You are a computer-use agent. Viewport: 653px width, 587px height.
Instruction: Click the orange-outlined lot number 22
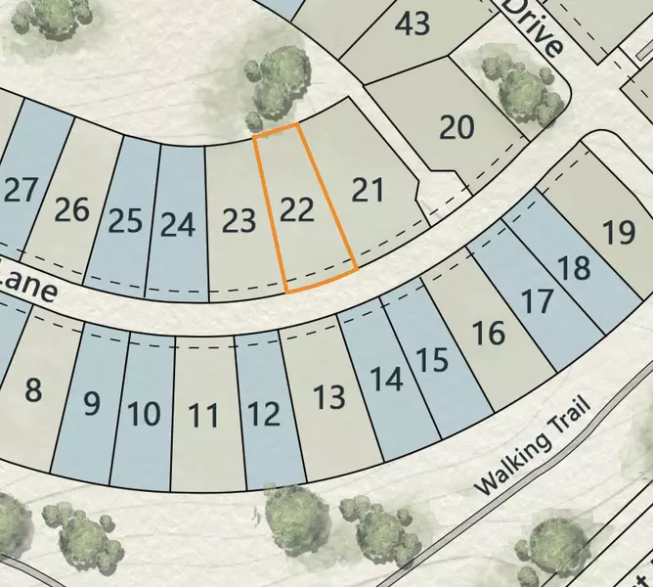(x=296, y=209)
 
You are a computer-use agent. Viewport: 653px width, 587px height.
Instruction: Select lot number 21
(x=368, y=189)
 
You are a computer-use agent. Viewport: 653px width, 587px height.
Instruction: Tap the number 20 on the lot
(x=457, y=127)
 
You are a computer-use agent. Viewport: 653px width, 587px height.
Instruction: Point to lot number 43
(x=414, y=23)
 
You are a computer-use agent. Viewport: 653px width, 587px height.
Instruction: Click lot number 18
(x=576, y=267)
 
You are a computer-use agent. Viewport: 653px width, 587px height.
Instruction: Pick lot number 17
(x=537, y=300)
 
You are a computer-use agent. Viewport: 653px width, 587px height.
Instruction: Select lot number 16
(x=489, y=334)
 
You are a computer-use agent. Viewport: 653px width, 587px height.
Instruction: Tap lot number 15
(x=432, y=360)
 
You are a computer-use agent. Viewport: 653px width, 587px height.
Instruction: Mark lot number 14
(x=386, y=379)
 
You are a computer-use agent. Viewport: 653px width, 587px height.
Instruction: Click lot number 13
(x=329, y=397)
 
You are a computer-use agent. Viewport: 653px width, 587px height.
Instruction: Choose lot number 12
(x=264, y=414)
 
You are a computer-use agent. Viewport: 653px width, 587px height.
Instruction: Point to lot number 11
(x=203, y=417)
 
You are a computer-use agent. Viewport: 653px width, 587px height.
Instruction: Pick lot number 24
(x=177, y=225)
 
